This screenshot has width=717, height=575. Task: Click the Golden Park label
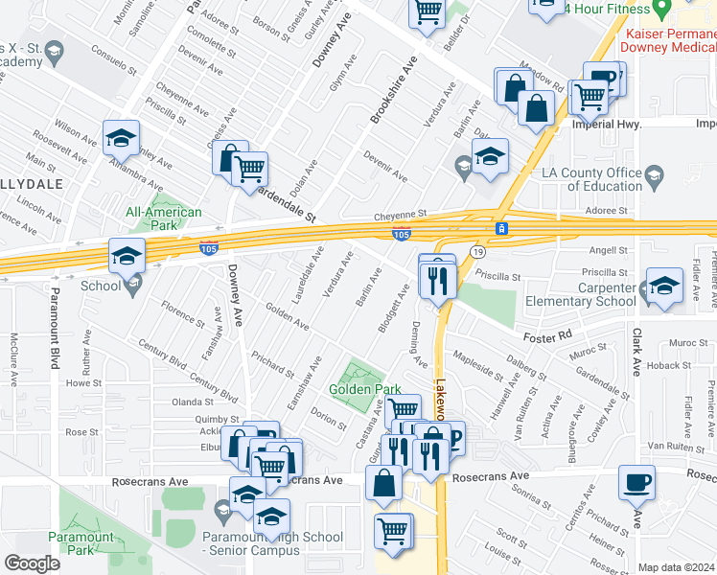(365, 390)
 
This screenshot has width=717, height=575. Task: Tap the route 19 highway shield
(475, 251)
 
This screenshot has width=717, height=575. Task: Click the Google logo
(32, 563)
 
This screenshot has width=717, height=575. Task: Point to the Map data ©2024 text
(676, 567)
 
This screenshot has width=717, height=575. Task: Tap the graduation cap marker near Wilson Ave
(122, 139)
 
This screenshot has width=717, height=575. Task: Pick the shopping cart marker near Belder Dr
(428, 13)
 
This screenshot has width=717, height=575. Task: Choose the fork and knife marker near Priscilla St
(438, 281)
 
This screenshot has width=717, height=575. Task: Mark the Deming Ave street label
(419, 345)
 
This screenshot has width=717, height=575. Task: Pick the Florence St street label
(182, 312)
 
